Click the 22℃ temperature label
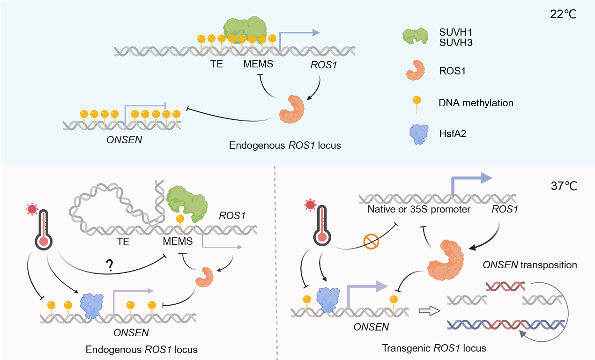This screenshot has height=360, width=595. click(x=563, y=14)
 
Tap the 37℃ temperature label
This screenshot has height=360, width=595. click(x=563, y=185)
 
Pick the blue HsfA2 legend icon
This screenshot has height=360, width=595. click(x=415, y=134)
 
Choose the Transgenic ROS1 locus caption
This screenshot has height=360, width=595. click(x=434, y=348)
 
